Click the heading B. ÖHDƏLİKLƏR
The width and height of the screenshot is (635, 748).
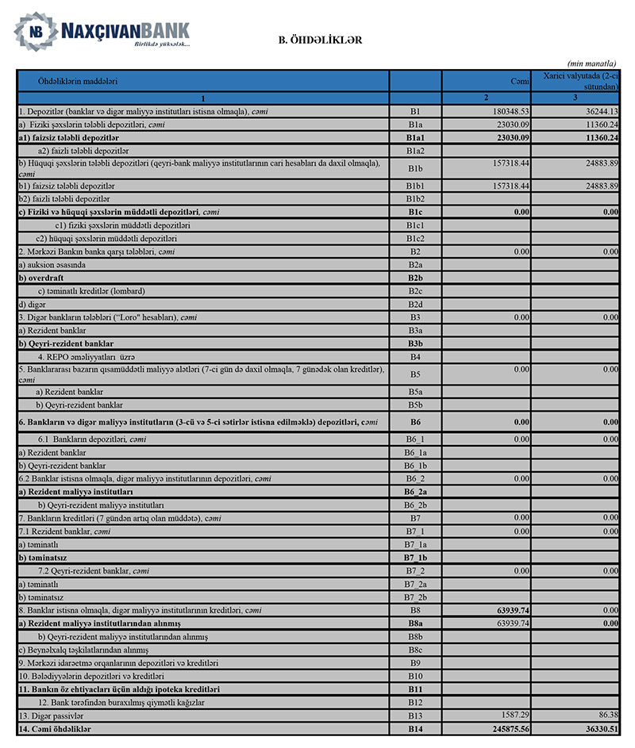pos(320,39)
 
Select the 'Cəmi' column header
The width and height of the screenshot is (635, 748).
pos(520,81)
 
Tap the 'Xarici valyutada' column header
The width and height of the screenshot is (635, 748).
pos(580,79)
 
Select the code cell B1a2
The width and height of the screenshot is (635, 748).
pos(415,151)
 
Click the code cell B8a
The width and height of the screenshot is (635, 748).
pos(415,623)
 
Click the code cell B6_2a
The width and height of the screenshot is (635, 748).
pos(415,493)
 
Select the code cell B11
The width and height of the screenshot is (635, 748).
pos(415,689)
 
